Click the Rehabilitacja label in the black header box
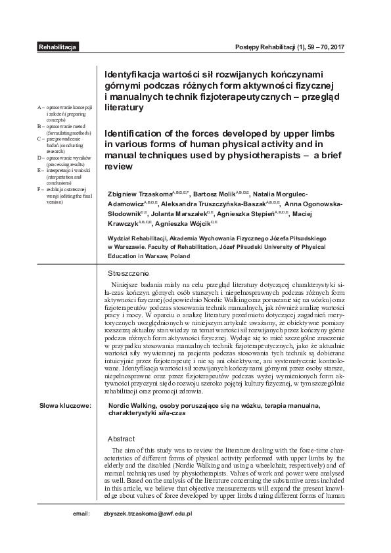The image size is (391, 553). tap(58, 48)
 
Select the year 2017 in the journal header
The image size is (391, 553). tap(344, 48)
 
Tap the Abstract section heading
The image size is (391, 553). tap(121, 439)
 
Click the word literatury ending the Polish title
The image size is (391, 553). tap(124, 106)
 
